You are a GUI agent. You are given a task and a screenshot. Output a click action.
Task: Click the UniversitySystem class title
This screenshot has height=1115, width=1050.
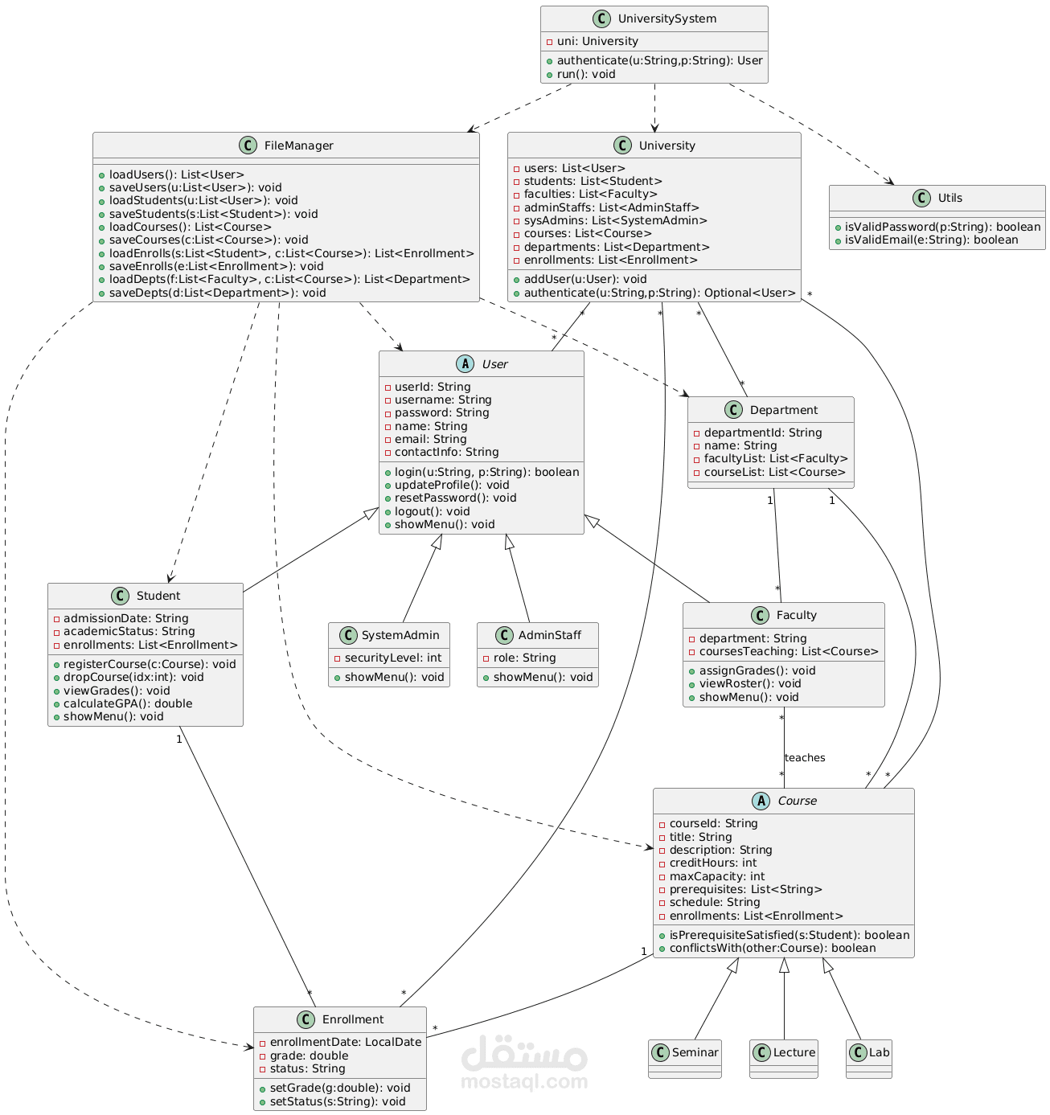click(667, 18)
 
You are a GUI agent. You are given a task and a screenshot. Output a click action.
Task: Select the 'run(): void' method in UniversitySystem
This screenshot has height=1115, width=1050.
click(585, 74)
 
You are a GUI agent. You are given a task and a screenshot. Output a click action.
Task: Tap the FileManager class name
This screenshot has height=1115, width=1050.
click(298, 146)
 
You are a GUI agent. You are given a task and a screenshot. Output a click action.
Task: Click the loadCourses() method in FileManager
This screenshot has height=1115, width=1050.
click(190, 227)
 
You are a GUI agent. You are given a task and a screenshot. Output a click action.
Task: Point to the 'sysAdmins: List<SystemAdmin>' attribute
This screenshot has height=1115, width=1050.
click(615, 220)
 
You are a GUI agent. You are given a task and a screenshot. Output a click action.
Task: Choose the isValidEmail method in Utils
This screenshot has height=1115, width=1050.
click(930, 240)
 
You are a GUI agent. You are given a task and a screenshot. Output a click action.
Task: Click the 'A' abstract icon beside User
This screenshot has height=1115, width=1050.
click(465, 364)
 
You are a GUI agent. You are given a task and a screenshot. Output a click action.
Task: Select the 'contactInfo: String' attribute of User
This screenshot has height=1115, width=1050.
click(446, 452)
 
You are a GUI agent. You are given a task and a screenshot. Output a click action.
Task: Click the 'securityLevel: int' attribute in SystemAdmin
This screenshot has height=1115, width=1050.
click(392, 658)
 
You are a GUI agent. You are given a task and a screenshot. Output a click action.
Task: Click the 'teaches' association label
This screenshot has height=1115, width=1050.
click(804, 758)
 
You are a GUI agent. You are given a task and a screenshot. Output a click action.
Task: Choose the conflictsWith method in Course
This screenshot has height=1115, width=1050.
click(772, 948)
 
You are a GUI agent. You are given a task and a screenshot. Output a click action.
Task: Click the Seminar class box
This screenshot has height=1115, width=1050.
click(684, 1059)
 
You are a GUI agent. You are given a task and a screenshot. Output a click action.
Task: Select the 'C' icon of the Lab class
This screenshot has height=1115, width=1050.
click(858, 1052)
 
